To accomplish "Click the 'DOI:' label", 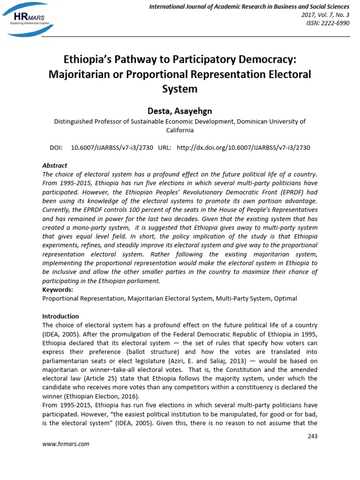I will [56, 147].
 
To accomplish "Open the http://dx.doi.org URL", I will [243, 147].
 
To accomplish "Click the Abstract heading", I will [54, 165].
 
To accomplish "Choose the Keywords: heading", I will [58, 290].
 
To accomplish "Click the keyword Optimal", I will [285, 298].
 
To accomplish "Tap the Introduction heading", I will [60, 316].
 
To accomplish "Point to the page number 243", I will [312, 436].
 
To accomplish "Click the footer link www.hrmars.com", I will [66, 444].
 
